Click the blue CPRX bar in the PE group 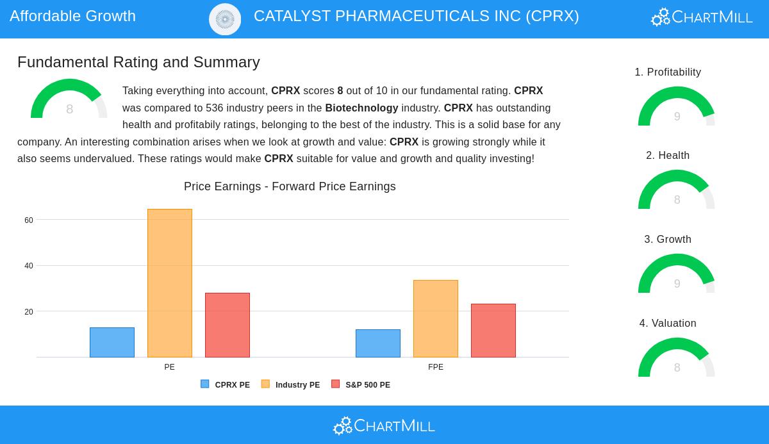pos(112,342)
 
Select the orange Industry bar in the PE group pos(170,283)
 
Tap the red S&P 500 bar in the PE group pos(227,325)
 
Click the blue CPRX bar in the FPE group pos(378,343)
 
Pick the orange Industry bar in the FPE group pos(436,318)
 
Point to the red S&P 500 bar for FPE pos(493,331)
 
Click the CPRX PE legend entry pos(226,384)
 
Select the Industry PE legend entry pos(291,384)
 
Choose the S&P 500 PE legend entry pos(361,384)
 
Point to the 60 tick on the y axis pos(29,220)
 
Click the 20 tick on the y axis pos(29,312)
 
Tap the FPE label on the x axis pos(436,367)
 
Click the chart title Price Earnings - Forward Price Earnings pos(290,186)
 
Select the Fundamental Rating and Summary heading pos(138,62)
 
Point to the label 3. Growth pos(668,240)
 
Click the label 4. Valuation pos(668,324)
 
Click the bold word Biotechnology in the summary pos(361,108)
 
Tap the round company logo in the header pos(225,19)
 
